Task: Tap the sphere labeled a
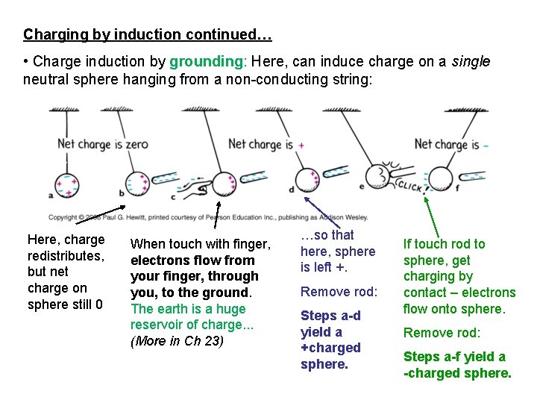pyautogui.click(x=66, y=185)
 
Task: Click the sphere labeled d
pyautogui.click(x=305, y=180)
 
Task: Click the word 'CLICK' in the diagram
pyautogui.click(x=409, y=185)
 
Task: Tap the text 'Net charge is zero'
pyautogui.click(x=103, y=144)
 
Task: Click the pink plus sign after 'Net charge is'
pyautogui.click(x=301, y=145)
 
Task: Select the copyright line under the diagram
pyautogui.click(x=208, y=217)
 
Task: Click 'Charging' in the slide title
pyautogui.click(x=51, y=34)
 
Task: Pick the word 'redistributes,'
pyautogui.click(x=64, y=256)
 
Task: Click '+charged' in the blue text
pyautogui.click(x=330, y=348)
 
